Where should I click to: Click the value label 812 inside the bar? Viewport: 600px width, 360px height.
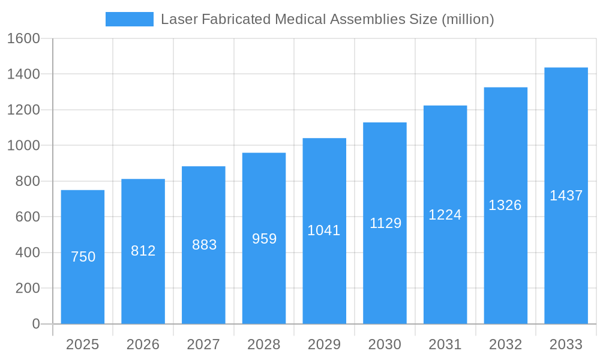pyautogui.click(x=143, y=251)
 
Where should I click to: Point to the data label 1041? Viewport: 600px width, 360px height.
pyautogui.click(x=324, y=230)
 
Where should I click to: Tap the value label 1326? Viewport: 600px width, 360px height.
pyautogui.click(x=505, y=205)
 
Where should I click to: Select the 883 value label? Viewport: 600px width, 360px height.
pyautogui.click(x=204, y=245)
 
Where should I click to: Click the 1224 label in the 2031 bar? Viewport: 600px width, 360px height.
pyautogui.click(x=445, y=215)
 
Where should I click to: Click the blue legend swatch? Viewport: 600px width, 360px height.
pyautogui.click(x=129, y=19)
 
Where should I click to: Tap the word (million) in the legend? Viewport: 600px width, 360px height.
pyautogui.click(x=467, y=19)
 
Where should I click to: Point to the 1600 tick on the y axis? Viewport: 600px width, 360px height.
pyautogui.click(x=23, y=38)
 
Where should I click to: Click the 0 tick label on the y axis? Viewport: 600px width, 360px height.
pyautogui.click(x=35, y=324)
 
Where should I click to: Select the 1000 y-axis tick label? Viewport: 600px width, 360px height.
pyautogui.click(x=23, y=145)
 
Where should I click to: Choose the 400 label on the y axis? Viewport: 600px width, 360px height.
pyautogui.click(x=27, y=253)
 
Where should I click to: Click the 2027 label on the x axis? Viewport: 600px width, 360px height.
pyautogui.click(x=203, y=344)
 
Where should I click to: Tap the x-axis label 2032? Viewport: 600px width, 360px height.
pyautogui.click(x=505, y=344)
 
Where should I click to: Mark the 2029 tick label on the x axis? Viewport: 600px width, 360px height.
pyautogui.click(x=324, y=344)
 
